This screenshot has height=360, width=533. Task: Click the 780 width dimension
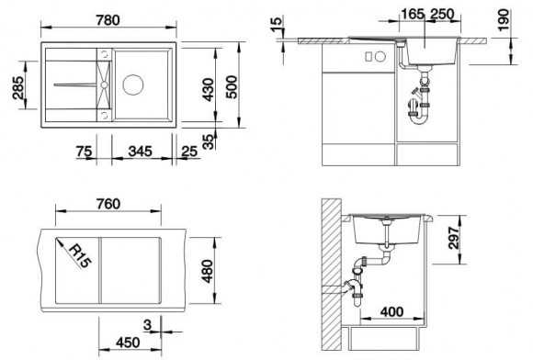(x=108, y=20)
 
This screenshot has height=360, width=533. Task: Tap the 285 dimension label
(x=18, y=87)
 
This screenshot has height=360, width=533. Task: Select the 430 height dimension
(x=208, y=90)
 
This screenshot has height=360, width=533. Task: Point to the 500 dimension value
(x=232, y=87)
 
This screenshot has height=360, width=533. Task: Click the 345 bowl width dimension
(x=140, y=152)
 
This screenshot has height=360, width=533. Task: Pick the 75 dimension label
(x=84, y=152)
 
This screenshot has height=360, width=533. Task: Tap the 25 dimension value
(x=189, y=152)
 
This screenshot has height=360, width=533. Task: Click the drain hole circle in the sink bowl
(x=133, y=84)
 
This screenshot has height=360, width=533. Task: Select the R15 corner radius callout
(x=80, y=255)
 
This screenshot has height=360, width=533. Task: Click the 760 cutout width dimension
(x=108, y=204)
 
